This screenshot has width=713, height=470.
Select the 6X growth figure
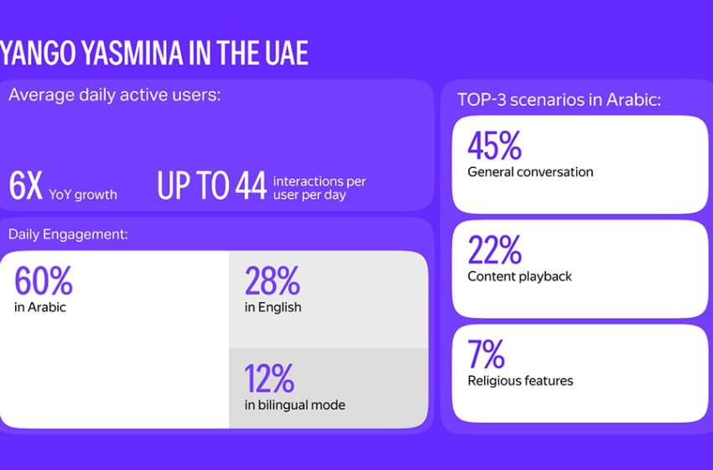click(x=25, y=186)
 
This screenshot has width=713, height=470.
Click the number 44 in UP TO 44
click(x=250, y=186)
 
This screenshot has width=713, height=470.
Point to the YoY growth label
click(x=82, y=195)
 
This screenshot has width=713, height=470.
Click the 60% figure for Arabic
click(x=44, y=281)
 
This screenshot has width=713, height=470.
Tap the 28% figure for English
click(x=272, y=281)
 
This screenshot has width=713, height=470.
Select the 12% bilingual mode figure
click(x=269, y=379)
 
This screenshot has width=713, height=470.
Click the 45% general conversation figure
click(x=495, y=145)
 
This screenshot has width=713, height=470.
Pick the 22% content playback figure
click(x=494, y=249)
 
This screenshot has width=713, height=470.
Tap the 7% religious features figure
click(x=487, y=354)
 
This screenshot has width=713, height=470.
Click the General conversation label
click(x=530, y=172)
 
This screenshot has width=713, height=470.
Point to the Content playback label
click(x=519, y=276)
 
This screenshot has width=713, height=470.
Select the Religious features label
click(x=520, y=380)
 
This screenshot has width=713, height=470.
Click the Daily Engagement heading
click(x=68, y=234)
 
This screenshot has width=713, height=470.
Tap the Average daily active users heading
click(x=114, y=95)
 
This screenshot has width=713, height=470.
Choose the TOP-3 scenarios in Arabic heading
click(x=559, y=99)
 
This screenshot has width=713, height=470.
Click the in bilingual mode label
click(x=294, y=405)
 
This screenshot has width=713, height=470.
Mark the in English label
click(x=273, y=307)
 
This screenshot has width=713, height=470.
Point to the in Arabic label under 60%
click(x=40, y=307)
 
